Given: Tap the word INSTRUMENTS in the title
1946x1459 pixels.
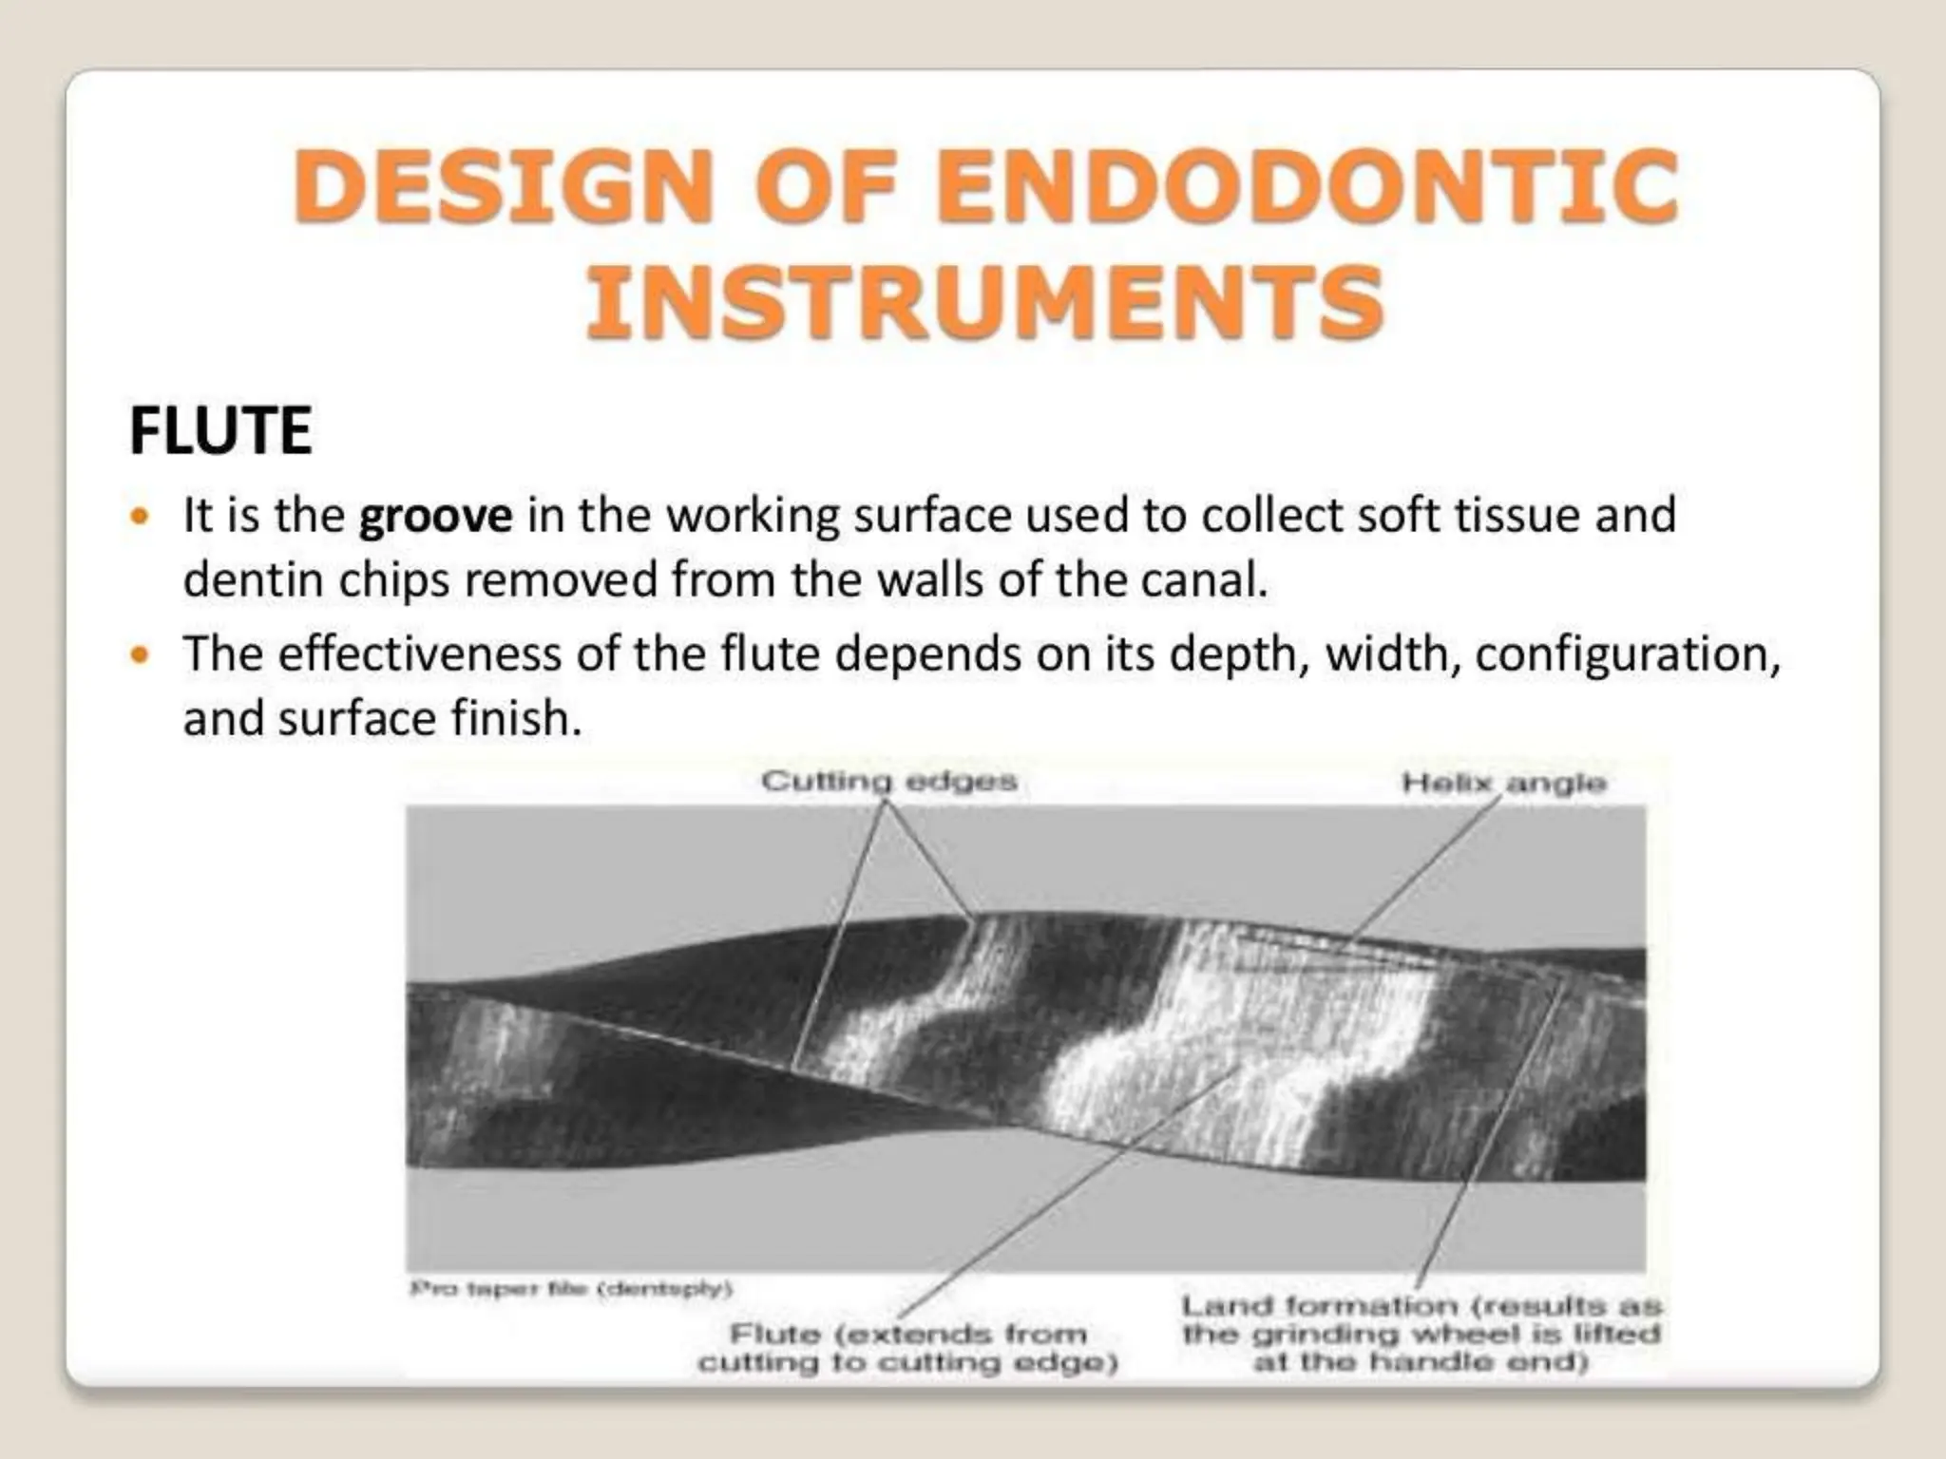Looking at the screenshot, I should [x=984, y=302].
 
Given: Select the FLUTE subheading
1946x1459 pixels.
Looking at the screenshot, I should [x=220, y=430].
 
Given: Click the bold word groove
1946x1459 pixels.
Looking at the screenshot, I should [x=435, y=517].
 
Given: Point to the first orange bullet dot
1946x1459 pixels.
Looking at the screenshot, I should [x=141, y=517].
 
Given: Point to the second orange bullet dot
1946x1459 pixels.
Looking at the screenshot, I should [x=141, y=654].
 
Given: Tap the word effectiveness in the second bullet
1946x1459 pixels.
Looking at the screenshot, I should [x=419, y=654].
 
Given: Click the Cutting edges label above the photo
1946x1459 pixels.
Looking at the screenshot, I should [x=888, y=782].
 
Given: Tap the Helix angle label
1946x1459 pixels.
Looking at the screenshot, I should [x=1503, y=783].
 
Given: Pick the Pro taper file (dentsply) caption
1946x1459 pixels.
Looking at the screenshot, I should [x=571, y=1289].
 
